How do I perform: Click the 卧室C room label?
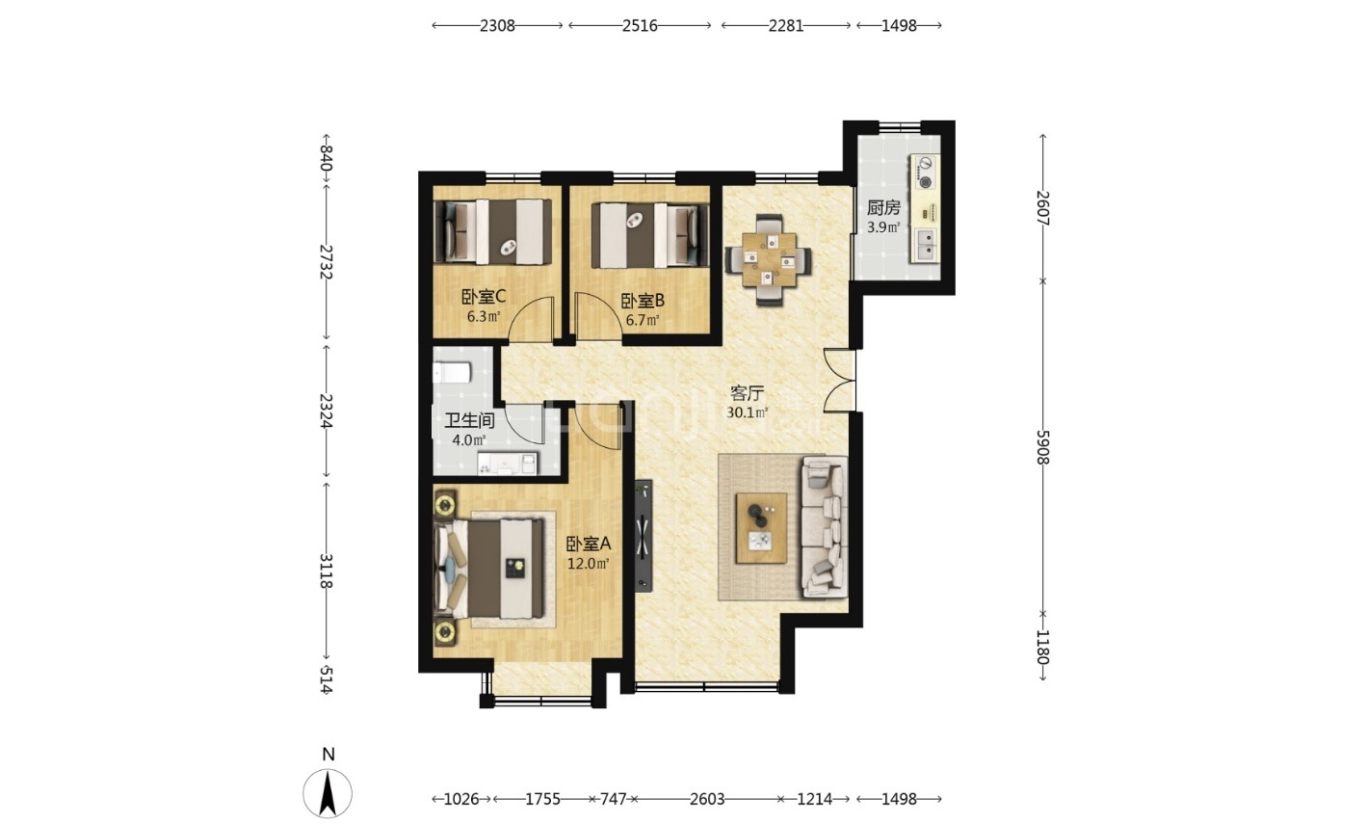[x=484, y=297]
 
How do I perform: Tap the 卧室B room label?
[x=643, y=301]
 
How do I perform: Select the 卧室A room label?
[x=588, y=543]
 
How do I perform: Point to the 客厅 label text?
[x=747, y=392]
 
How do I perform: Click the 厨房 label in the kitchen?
[x=883, y=208]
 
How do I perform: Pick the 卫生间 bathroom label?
[x=469, y=420]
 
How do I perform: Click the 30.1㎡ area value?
[x=747, y=412]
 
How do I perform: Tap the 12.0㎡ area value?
[x=588, y=564]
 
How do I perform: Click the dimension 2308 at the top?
[x=497, y=26]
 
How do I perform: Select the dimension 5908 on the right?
[x=1042, y=447]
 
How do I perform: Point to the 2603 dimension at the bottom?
[x=707, y=798]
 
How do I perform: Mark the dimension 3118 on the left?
[x=326, y=571]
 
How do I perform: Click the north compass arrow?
[x=328, y=793]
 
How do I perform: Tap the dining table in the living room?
[x=769, y=259]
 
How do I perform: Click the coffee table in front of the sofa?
[x=761, y=528]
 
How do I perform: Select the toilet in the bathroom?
[x=452, y=372]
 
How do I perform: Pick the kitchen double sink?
[x=926, y=245]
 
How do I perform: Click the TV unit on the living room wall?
[x=643, y=536]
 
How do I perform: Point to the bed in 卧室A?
[x=489, y=568]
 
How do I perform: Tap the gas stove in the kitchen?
[x=926, y=173]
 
